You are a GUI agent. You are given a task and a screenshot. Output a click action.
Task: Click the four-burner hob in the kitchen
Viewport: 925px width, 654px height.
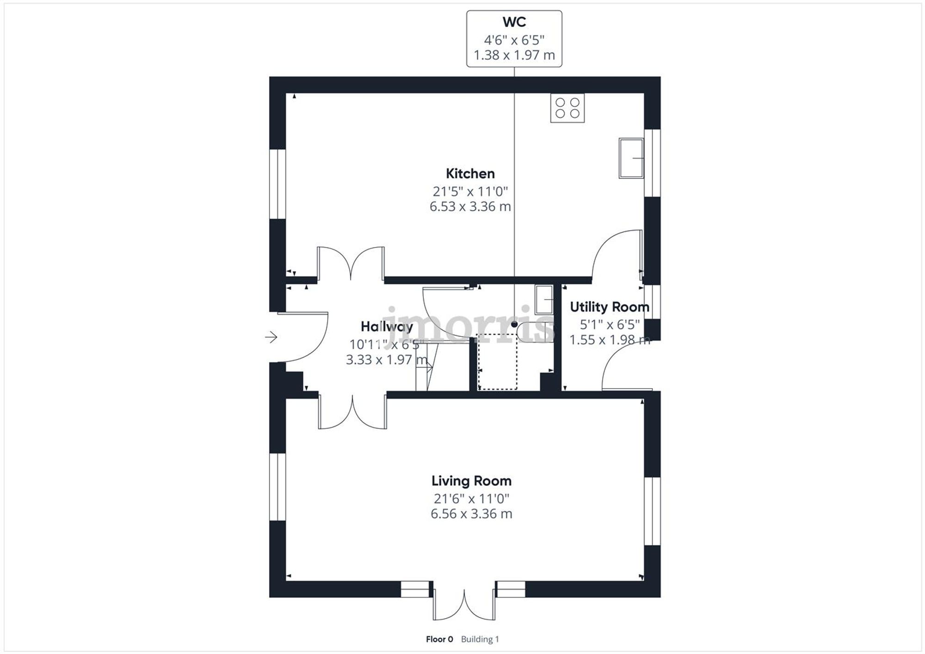pyautogui.click(x=567, y=108)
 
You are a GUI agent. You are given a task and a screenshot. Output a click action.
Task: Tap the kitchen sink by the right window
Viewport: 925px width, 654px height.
pyautogui.click(x=631, y=158)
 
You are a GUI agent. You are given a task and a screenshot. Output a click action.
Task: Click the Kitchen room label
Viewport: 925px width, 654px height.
pyautogui.click(x=470, y=174)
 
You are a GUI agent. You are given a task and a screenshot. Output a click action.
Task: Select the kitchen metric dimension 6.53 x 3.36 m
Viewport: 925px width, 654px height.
pyautogui.click(x=470, y=207)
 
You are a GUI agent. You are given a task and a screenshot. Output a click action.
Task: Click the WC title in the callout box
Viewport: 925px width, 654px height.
pyautogui.click(x=514, y=22)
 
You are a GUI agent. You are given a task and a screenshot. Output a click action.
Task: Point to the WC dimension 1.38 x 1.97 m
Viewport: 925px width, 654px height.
pyautogui.click(x=514, y=55)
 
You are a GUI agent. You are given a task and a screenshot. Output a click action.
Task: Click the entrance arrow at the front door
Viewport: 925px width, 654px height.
pyautogui.click(x=271, y=337)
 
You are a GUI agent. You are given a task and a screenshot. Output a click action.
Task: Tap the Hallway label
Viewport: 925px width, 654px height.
pyautogui.click(x=387, y=327)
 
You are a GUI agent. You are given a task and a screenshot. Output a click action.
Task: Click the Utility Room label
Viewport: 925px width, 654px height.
pyautogui.click(x=609, y=307)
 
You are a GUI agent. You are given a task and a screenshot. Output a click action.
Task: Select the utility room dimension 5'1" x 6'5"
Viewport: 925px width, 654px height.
pyautogui.click(x=610, y=324)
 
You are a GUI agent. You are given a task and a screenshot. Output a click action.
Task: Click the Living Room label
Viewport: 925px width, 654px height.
pyautogui.click(x=471, y=481)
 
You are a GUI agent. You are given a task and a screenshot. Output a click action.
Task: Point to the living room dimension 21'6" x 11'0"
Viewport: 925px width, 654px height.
pyautogui.click(x=471, y=499)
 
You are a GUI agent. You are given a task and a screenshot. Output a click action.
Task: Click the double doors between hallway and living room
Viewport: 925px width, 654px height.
pyautogui.click(x=352, y=412)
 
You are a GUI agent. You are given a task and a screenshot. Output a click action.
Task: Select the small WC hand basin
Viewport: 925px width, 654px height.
pyautogui.click(x=544, y=299)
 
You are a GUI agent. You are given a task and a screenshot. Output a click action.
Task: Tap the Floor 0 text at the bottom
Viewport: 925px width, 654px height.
pyautogui.click(x=439, y=639)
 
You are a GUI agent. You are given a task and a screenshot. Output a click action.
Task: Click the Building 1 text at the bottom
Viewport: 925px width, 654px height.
pyautogui.click(x=480, y=639)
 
